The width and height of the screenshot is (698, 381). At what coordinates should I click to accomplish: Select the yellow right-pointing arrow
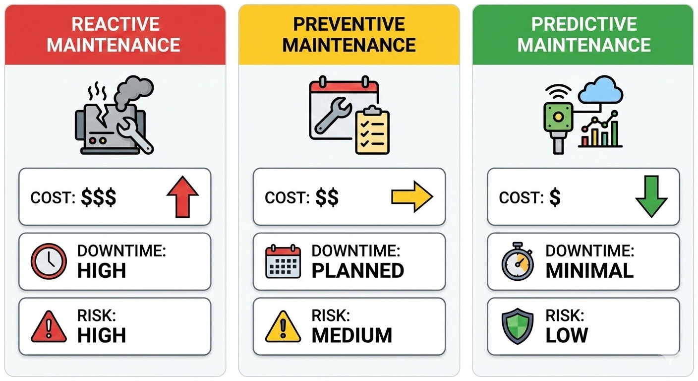(412, 197)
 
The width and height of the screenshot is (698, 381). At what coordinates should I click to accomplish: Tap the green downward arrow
(651, 197)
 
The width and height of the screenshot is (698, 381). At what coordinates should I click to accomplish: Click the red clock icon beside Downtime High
(49, 261)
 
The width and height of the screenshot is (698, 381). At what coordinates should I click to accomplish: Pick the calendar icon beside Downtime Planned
(283, 261)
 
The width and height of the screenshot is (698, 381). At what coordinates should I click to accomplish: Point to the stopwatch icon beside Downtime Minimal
(517, 261)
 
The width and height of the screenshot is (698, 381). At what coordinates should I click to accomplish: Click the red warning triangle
(49, 326)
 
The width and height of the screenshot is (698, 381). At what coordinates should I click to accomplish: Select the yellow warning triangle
(283, 326)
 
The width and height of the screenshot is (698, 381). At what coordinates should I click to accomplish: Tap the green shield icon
(518, 326)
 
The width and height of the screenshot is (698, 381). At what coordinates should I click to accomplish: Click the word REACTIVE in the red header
(116, 24)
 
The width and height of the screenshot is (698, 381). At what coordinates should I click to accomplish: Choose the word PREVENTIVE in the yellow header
(349, 24)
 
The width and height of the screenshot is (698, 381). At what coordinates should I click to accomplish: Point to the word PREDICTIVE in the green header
(584, 24)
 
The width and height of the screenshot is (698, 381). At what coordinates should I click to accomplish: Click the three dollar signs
(99, 197)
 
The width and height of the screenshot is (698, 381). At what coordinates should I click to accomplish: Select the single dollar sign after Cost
(555, 197)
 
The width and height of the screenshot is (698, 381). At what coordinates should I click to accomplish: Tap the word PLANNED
(357, 270)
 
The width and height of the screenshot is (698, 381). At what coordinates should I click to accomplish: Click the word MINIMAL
(589, 270)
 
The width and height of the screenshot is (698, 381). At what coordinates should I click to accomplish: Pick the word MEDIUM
(351, 335)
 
